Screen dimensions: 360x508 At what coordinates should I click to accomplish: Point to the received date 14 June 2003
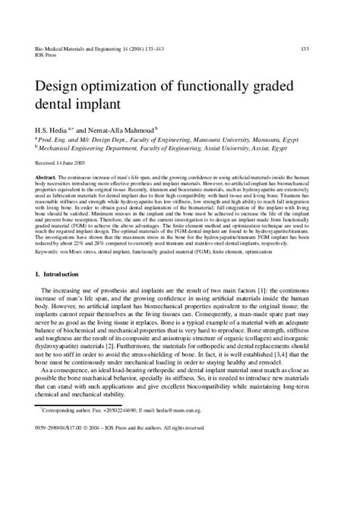pos(58,164)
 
